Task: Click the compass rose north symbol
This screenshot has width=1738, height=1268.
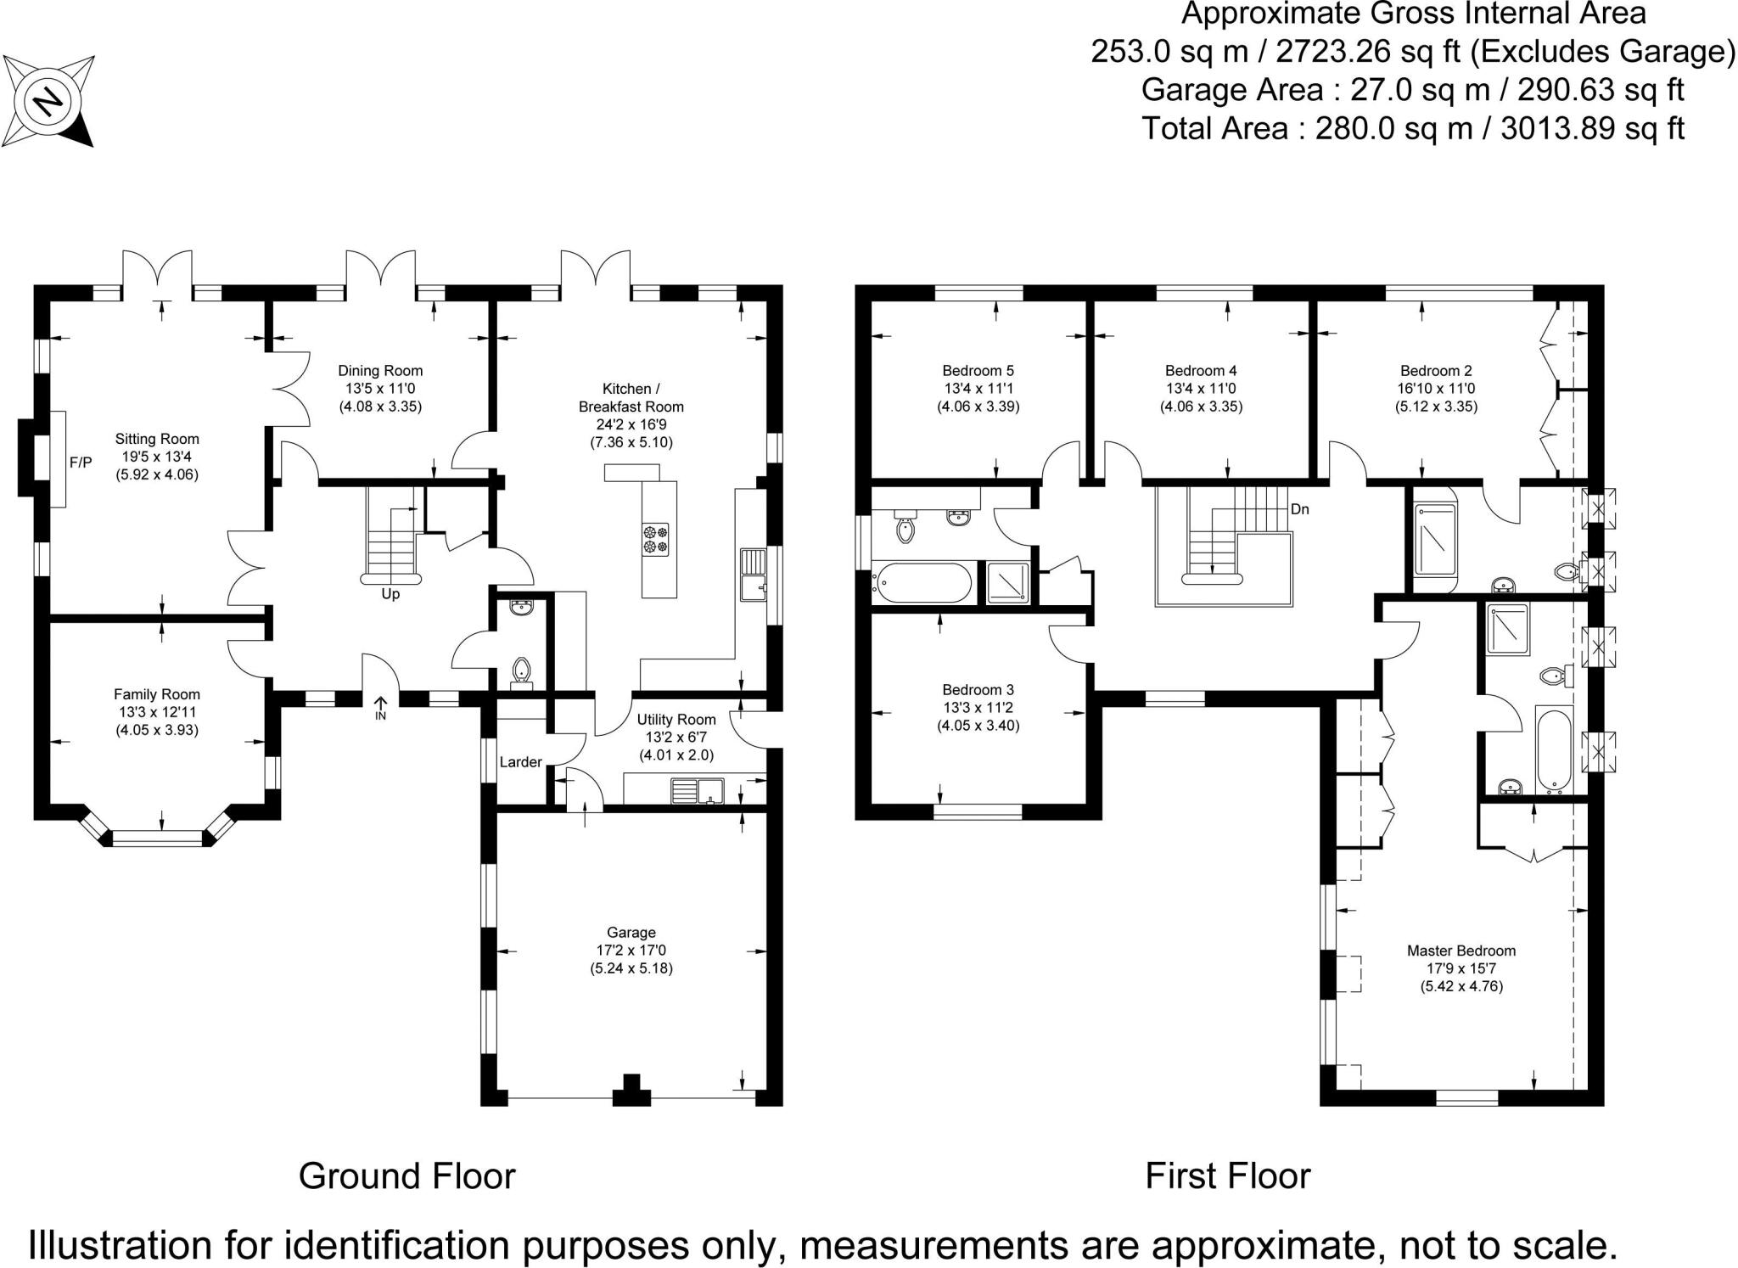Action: coord(48,101)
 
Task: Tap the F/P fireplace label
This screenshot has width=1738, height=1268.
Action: coord(81,463)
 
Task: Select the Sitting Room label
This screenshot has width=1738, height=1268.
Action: coord(157,439)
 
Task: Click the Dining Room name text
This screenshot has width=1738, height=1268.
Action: coord(380,370)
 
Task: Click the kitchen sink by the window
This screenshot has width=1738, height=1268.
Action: coord(754,575)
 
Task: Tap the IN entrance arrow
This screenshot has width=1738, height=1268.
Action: coord(380,708)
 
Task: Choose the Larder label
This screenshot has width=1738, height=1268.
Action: coord(520,762)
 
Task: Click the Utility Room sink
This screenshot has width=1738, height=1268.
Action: coord(698,791)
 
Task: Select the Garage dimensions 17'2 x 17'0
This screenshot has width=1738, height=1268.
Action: coord(631,951)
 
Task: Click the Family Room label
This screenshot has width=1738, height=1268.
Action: coord(157,694)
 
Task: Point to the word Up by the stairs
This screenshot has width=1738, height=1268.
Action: coord(390,594)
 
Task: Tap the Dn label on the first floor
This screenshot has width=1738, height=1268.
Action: coord(1300,509)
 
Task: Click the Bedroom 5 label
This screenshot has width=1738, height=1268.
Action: coord(978,370)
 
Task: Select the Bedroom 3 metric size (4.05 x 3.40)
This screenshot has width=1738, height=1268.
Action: coord(978,726)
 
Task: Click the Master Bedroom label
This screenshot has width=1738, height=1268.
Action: coord(1461,951)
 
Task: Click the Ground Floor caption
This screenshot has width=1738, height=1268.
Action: coord(407,1176)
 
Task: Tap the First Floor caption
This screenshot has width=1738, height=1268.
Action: coord(1228,1176)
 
